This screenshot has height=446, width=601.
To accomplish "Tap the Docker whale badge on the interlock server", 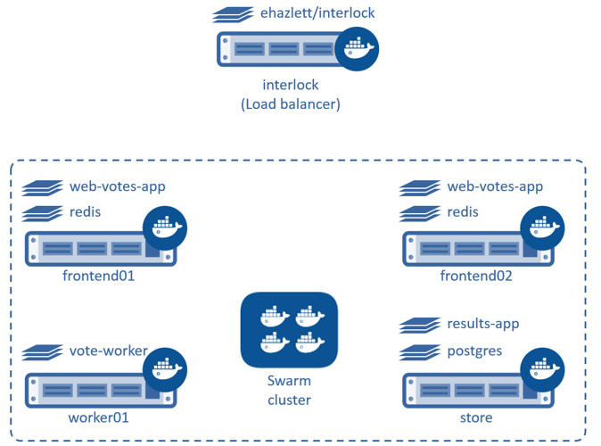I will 358,48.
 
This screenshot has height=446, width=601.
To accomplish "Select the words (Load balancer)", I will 291,104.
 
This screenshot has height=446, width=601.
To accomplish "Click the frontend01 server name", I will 99,276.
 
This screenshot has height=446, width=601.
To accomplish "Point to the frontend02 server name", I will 476,276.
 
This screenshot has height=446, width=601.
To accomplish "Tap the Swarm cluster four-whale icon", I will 289,329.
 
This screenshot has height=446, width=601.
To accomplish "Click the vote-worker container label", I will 108,351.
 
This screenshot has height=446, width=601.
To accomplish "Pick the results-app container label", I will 482,323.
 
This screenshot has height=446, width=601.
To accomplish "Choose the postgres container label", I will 474,351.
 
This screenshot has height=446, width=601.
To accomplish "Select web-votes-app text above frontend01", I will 118,186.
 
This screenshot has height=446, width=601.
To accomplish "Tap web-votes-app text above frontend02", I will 495,186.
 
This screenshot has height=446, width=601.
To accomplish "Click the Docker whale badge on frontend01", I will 165,227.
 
